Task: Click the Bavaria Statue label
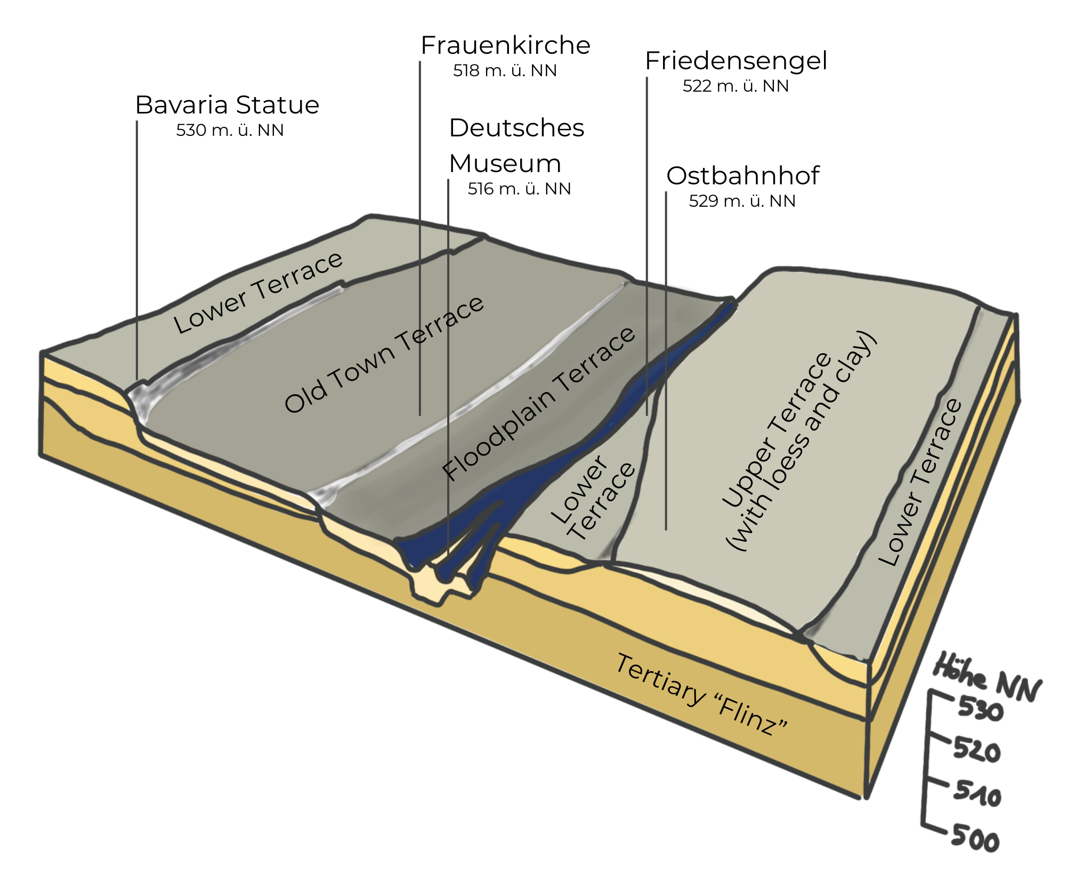(x=227, y=105)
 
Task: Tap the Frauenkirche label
(x=505, y=45)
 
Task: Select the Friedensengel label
(x=735, y=61)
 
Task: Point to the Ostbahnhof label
(x=742, y=176)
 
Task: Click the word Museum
(x=505, y=164)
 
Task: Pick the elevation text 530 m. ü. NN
(x=230, y=131)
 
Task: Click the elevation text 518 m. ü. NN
(x=505, y=71)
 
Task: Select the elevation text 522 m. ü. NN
(x=735, y=86)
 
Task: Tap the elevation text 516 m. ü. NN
(x=519, y=189)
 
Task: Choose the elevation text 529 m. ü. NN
(x=742, y=201)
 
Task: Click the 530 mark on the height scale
(x=980, y=709)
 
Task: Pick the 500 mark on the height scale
(x=975, y=839)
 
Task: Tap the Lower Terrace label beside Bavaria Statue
(x=258, y=293)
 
